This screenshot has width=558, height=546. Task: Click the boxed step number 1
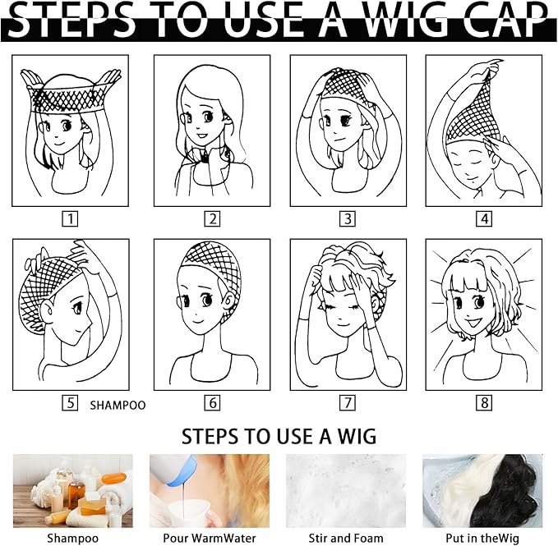(x=70, y=219)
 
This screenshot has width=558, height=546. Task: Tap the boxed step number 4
(x=484, y=218)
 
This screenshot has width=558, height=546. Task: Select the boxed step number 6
(x=212, y=403)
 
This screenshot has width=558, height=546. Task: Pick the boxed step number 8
(x=484, y=403)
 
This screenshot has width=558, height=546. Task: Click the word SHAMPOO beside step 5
(x=118, y=406)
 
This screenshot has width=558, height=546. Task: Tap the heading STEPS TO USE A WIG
(x=279, y=436)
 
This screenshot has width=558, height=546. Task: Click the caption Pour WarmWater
(x=210, y=538)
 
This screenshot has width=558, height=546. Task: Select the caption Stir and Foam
(x=346, y=538)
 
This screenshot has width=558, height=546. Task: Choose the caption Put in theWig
(x=482, y=538)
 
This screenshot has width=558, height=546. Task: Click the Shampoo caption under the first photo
(x=72, y=538)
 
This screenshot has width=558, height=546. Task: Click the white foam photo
(x=346, y=491)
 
